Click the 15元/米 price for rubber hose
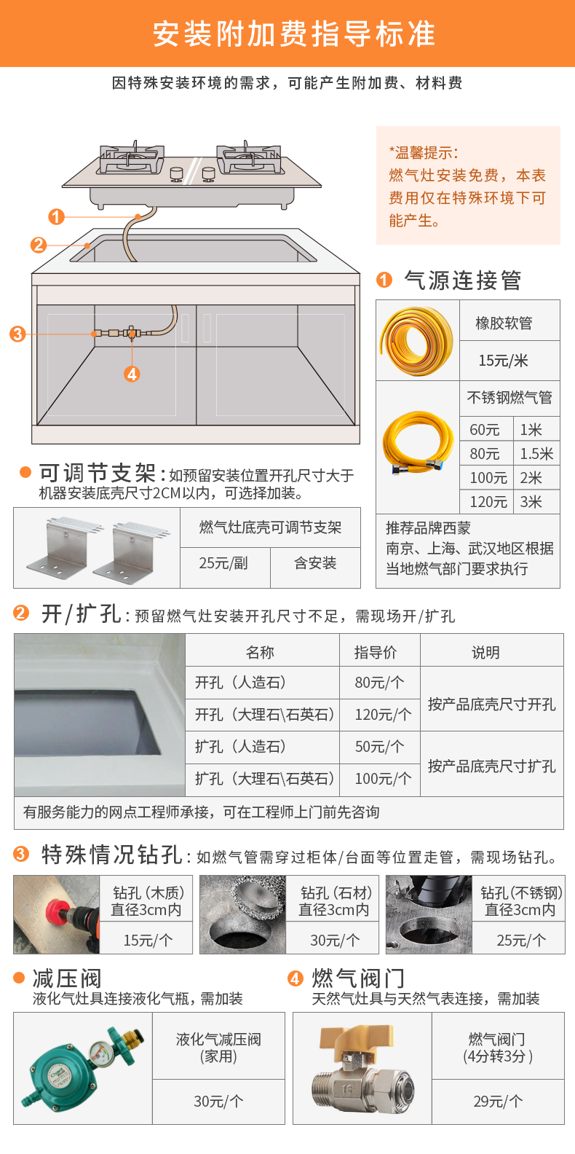503,361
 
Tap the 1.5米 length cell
536,454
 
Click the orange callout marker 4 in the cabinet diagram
132,374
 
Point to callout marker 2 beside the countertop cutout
39,245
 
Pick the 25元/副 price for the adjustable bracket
223,563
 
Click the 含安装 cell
315,563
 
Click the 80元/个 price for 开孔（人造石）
379,683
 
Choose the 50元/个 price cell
379,747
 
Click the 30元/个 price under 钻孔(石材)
335,940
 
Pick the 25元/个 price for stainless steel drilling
521,940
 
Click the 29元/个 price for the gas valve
498,1102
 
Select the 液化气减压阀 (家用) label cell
218,1047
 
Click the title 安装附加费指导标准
294,34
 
